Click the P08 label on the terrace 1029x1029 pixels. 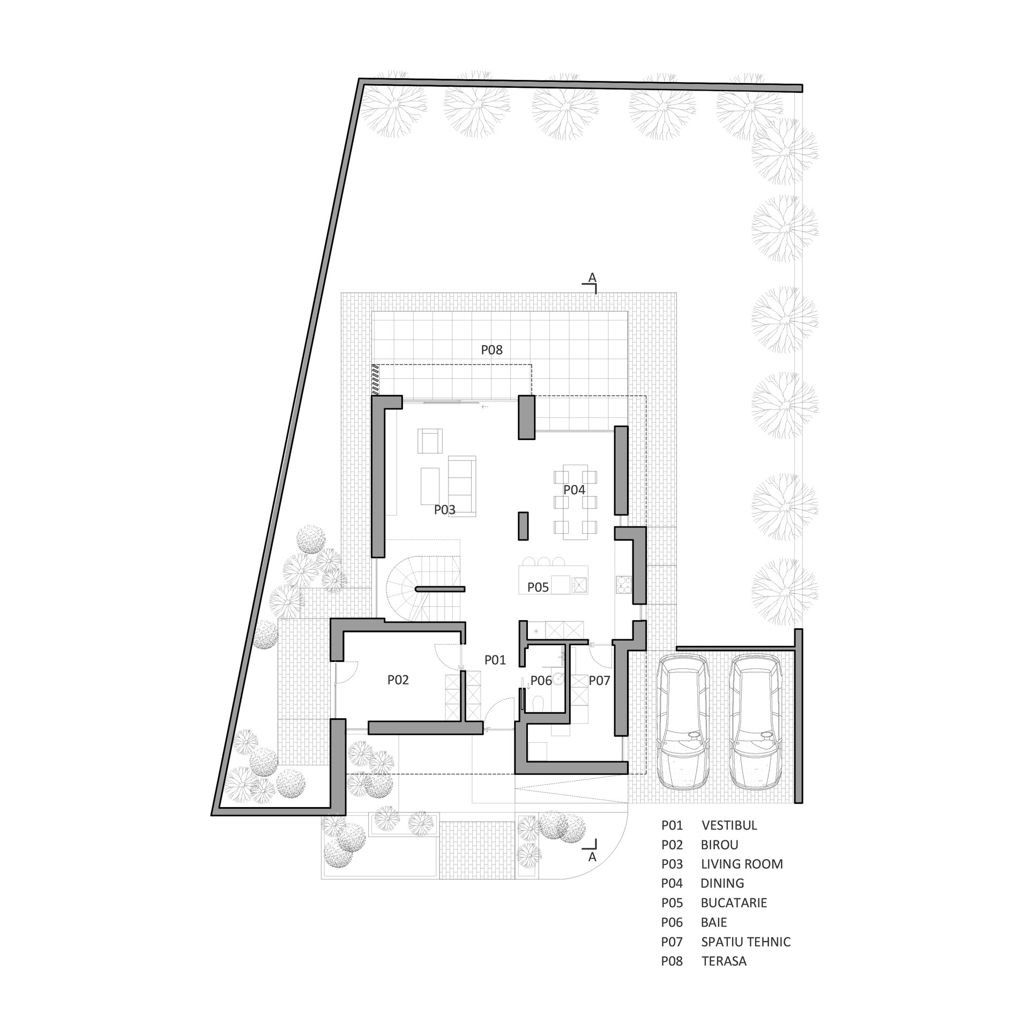(x=491, y=350)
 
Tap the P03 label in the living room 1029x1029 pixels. (x=445, y=510)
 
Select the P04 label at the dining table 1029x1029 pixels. (x=574, y=489)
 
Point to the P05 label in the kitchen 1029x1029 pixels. (x=538, y=587)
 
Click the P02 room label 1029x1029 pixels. (x=398, y=680)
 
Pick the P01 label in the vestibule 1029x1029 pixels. (x=495, y=660)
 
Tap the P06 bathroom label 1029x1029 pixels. (x=541, y=681)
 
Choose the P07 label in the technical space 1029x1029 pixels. (x=600, y=681)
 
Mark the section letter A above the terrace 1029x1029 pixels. (x=592, y=278)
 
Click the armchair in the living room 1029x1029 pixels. (x=430, y=441)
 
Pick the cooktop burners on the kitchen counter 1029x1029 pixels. (x=624, y=585)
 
